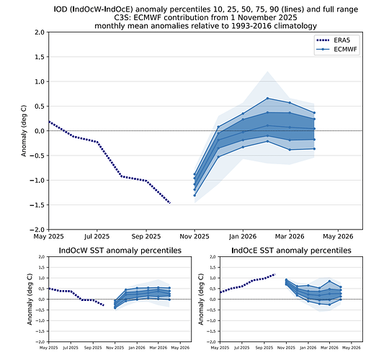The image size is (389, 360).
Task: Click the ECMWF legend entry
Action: coord(341,49)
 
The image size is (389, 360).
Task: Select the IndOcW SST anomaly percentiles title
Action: coord(120,251)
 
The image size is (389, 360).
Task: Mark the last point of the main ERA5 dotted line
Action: coord(170,203)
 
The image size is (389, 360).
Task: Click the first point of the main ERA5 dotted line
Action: coord(48,122)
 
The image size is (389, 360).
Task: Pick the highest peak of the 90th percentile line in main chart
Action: coord(267,98)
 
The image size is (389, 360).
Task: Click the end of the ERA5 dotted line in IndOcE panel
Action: coord(274,274)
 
